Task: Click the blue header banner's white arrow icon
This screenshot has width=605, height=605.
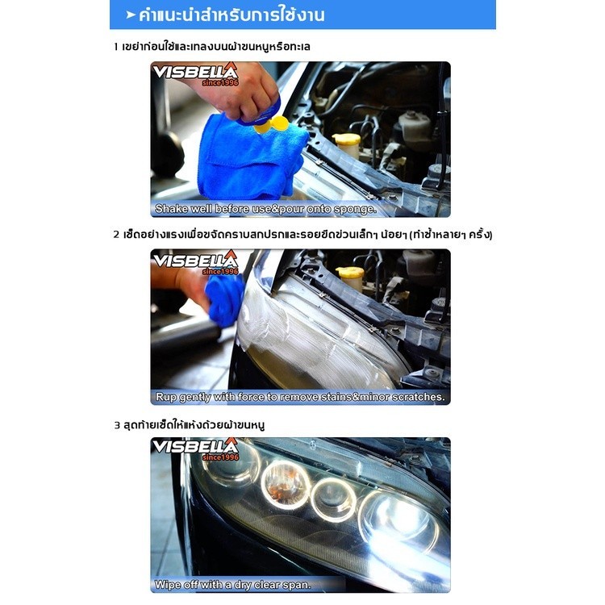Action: pyautogui.click(x=131, y=15)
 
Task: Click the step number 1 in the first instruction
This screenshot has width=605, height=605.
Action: pyautogui.click(x=115, y=47)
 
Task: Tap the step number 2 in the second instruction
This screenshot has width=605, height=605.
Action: pyautogui.click(x=116, y=235)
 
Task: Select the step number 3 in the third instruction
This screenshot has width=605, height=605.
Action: pyautogui.click(x=117, y=426)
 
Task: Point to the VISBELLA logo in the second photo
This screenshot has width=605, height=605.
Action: pyautogui.click(x=195, y=261)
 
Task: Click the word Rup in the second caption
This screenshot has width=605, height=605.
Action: pyautogui.click(x=166, y=397)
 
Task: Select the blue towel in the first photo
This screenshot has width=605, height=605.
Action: pyautogui.click(x=251, y=156)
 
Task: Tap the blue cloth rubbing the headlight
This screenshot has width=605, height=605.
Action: pyautogui.click(x=224, y=299)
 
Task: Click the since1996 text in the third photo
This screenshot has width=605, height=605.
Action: pyautogui.click(x=220, y=457)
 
